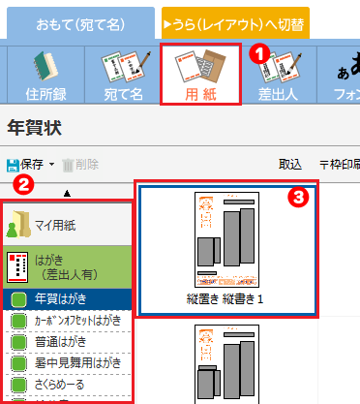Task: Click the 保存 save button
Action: (29, 165)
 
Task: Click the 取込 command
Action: (289, 165)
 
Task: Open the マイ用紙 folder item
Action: (68, 226)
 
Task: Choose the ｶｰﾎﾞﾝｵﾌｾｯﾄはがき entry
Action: (77, 320)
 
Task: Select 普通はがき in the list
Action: (67, 341)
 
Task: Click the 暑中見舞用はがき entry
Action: (77, 362)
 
